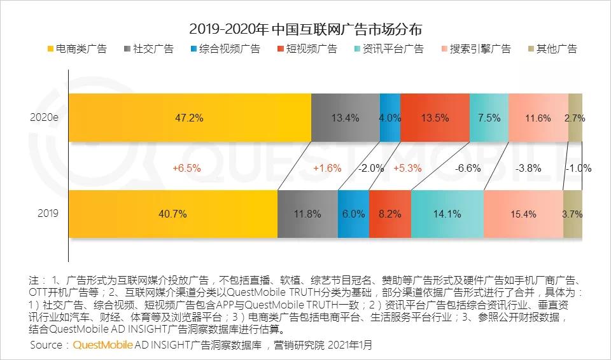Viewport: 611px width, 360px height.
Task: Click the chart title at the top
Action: click(305, 29)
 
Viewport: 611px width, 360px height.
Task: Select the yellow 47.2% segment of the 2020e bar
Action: click(190, 118)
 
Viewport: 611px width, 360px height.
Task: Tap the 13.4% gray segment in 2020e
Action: click(346, 118)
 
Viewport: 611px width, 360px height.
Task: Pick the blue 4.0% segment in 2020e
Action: click(390, 118)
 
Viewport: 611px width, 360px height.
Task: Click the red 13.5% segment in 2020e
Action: click(435, 118)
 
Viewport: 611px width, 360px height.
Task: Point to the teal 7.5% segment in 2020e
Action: click(489, 118)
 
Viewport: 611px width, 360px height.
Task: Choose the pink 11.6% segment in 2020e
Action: click(538, 118)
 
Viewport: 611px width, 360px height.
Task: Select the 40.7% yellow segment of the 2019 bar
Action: click(172, 214)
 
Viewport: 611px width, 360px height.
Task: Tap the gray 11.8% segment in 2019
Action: click(307, 214)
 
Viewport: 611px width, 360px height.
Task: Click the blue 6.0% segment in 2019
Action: click(353, 214)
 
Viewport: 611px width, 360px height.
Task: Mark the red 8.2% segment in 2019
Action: click(390, 214)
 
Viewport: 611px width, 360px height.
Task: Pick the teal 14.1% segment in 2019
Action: click(447, 214)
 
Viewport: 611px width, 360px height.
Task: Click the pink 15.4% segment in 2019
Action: click(523, 214)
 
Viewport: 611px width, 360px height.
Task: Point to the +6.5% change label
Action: click(186, 169)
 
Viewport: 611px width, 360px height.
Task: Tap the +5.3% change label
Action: click(407, 169)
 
